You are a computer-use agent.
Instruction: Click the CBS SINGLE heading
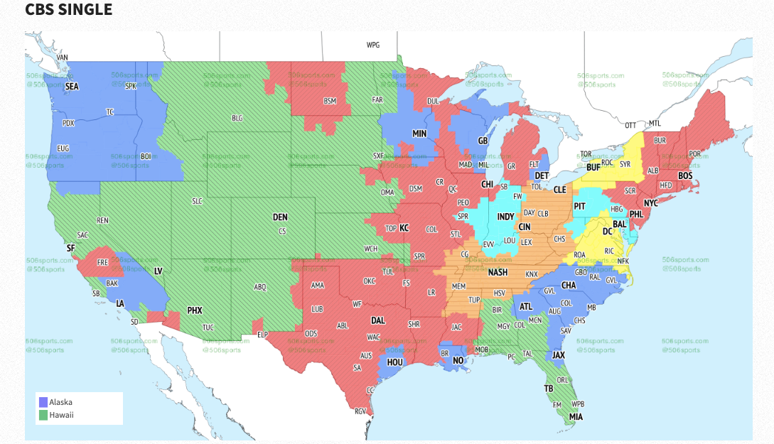click(x=68, y=10)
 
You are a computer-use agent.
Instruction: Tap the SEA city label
click(x=72, y=87)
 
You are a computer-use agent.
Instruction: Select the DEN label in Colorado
click(x=281, y=217)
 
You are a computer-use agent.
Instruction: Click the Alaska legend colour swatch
click(x=43, y=402)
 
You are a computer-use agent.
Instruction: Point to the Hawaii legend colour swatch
click(x=43, y=415)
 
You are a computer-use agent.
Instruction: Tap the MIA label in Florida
click(x=576, y=417)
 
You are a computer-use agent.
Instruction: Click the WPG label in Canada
click(x=373, y=45)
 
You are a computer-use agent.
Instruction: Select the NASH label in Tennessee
click(x=498, y=272)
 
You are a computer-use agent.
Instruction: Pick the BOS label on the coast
click(x=685, y=175)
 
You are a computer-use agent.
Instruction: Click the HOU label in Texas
click(x=395, y=362)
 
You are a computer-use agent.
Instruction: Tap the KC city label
click(x=404, y=228)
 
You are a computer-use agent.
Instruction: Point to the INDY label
click(x=505, y=217)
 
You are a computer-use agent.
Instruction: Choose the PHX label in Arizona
click(x=195, y=310)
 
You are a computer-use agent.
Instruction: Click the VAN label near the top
click(x=63, y=58)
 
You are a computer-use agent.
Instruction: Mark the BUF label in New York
click(x=593, y=168)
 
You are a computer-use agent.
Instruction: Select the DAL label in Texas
click(x=378, y=320)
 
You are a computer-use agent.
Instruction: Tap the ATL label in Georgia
click(x=526, y=307)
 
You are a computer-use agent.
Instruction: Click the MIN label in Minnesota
click(x=419, y=134)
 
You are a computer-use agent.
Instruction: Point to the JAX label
click(x=559, y=354)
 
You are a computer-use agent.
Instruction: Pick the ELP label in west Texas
click(x=262, y=334)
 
